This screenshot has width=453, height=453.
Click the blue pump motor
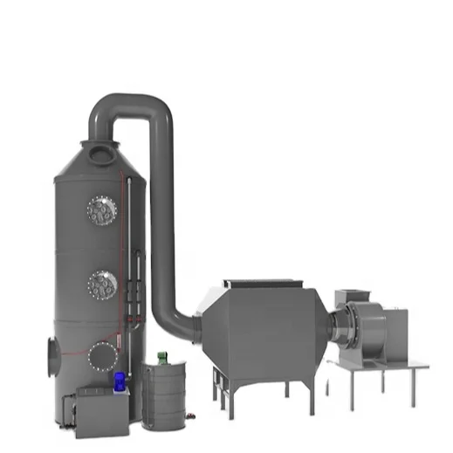120,380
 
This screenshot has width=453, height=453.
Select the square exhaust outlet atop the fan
353,299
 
